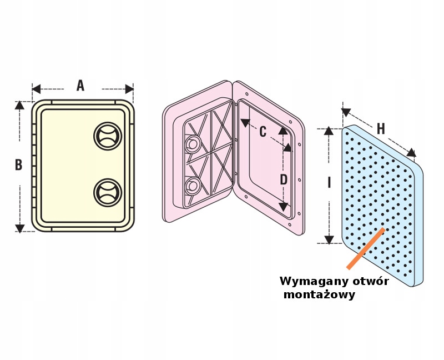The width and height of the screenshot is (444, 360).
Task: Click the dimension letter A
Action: (x=80, y=86)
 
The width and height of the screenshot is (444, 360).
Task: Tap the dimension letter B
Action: (x=18, y=165)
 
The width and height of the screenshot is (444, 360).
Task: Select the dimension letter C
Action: (x=263, y=132)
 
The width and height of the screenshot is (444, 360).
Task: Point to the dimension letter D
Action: (x=283, y=179)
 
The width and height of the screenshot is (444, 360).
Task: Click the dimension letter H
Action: (x=380, y=129)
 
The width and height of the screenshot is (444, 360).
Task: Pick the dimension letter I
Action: (x=329, y=182)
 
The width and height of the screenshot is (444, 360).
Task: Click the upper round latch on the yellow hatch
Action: (x=107, y=136)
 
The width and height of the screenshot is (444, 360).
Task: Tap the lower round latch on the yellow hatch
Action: (x=107, y=192)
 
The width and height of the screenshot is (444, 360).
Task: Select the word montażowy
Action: (x=319, y=295)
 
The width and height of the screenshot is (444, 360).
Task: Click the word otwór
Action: (x=369, y=281)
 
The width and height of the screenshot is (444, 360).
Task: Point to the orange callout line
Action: (x=365, y=248)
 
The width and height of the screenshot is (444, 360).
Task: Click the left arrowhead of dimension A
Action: (x=36, y=89)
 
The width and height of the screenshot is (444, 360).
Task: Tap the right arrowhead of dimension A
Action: (x=129, y=89)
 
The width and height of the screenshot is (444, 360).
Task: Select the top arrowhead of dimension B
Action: (x=20, y=105)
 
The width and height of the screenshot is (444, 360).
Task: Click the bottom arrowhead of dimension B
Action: (x=20, y=228)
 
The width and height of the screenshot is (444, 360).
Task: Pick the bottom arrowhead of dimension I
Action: (x=329, y=239)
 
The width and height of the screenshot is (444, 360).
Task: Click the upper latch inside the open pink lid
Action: (x=192, y=144)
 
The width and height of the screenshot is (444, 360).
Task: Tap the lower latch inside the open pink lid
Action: (x=192, y=184)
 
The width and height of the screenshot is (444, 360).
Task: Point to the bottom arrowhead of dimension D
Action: (x=283, y=207)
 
